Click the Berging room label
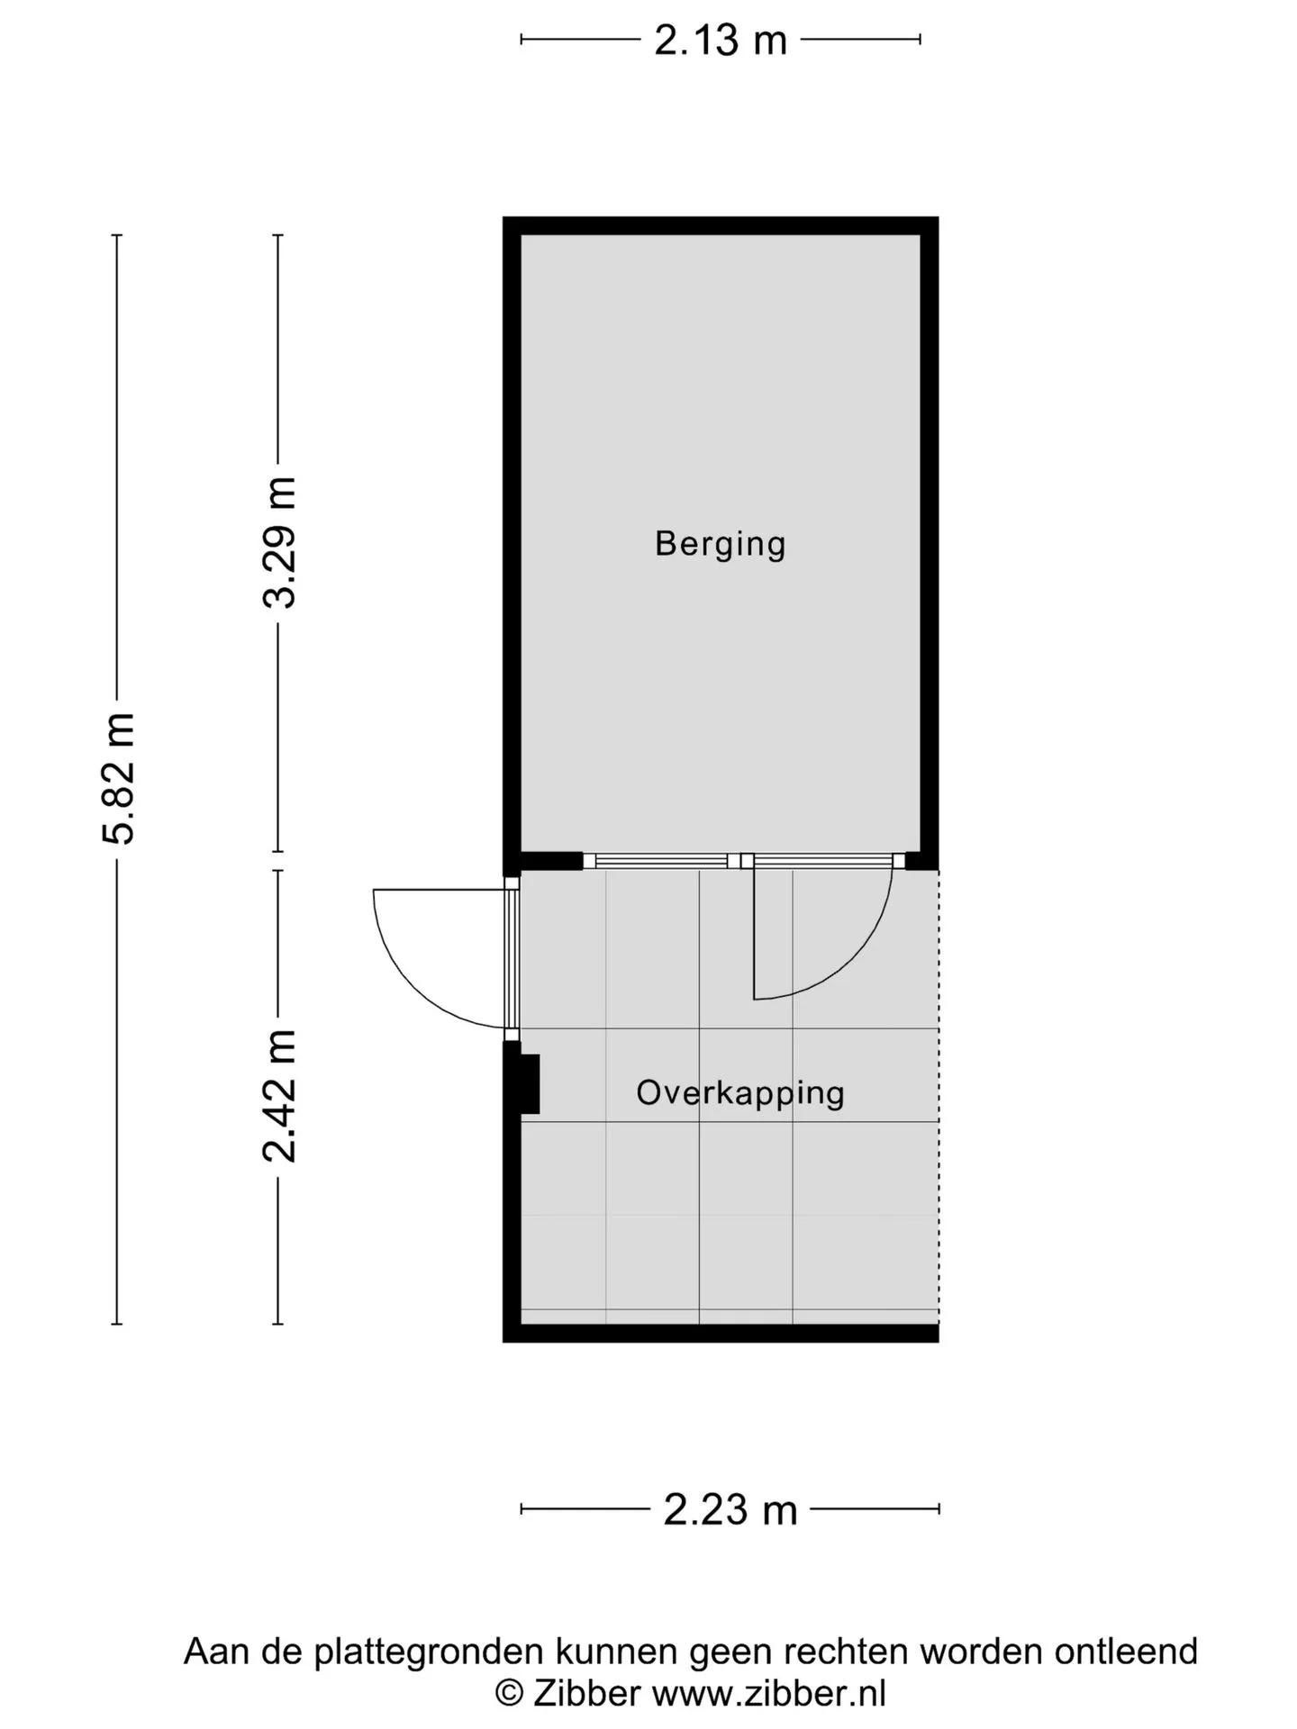coord(720,545)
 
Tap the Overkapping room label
coord(740,1093)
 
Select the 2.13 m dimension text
coord(721,41)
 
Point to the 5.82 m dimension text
coord(118,779)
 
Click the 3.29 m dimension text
coord(279,543)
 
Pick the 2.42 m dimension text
coord(279,1096)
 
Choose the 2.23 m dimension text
coord(730,1510)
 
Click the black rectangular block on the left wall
coord(530,1084)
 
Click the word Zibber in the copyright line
coord(586,1693)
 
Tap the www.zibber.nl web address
coord(769,1695)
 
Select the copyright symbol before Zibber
coord(510,1694)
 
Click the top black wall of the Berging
coord(721,226)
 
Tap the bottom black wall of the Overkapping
coord(721,1333)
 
